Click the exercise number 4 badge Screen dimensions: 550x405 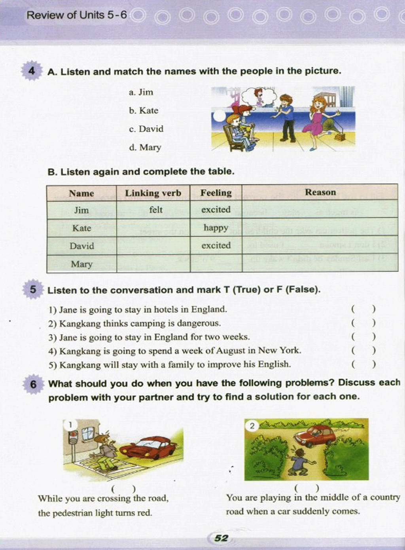coord(32,71)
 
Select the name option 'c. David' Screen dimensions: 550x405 coord(146,129)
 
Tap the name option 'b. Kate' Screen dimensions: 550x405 coord(143,111)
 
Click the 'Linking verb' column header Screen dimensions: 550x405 coord(153,193)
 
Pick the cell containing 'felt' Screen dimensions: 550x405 coord(155,210)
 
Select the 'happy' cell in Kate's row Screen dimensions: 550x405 coord(216,228)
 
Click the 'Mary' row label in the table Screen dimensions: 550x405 coord(81,264)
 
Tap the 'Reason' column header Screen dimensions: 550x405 coord(320,193)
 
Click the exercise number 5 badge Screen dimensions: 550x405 coord(33,289)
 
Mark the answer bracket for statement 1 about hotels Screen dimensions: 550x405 coord(363,309)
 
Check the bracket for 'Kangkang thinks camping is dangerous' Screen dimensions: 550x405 coord(363,323)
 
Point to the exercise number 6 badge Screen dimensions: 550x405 coord(33,384)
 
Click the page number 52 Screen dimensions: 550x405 coord(221,538)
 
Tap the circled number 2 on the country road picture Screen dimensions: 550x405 coord(252,426)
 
